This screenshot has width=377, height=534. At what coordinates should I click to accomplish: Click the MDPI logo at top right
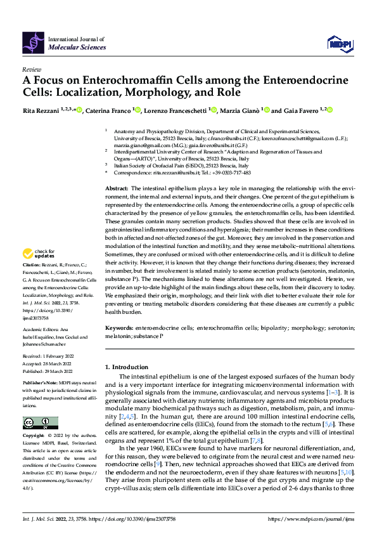coord(339,43)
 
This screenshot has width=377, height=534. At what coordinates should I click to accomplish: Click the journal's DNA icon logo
coord(32,42)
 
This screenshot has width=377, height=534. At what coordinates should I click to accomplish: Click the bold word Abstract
coord(116,189)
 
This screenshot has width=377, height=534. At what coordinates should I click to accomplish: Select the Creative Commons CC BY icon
coord(36,423)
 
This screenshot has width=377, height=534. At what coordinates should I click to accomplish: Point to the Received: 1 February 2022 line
coord(49,361)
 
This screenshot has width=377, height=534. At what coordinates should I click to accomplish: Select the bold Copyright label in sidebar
coord(34,436)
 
